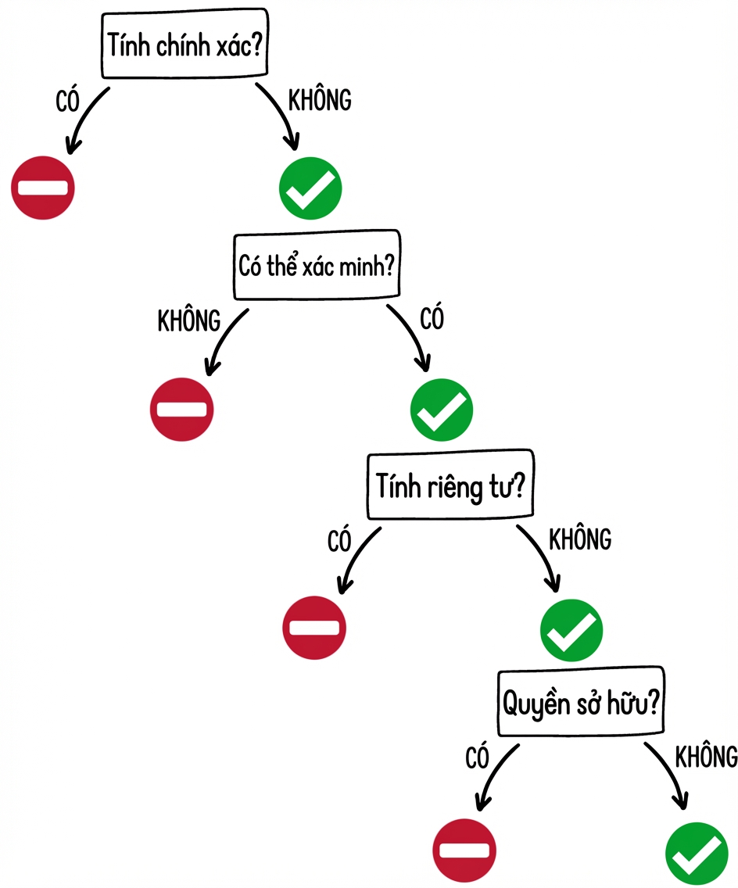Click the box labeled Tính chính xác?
coord(184,44)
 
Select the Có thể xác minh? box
coord(317,264)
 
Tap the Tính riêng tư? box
coord(450,485)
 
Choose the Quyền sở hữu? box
coord(581,702)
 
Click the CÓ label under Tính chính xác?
coord(67,102)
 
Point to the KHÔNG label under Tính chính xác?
coord(320,99)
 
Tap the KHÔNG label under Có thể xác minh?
coord(189,320)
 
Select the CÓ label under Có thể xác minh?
coord(432,317)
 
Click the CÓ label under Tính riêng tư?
coord(339,540)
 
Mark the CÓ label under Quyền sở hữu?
coord(477,757)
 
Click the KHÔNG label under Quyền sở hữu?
coord(706,756)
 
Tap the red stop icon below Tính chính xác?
coord(43,188)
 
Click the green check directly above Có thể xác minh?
coord(310,188)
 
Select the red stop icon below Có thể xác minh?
coord(182,409)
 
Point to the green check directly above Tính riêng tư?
coord(442,410)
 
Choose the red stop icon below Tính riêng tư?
coord(314,628)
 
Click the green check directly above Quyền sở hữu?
coord(571,630)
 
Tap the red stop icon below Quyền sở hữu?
coord(464,850)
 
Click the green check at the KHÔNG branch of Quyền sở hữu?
coord(697,854)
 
